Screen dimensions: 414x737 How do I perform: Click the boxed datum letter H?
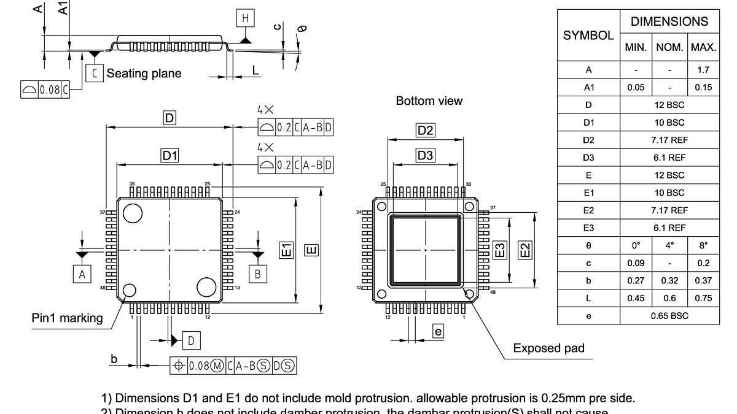coord(246,18)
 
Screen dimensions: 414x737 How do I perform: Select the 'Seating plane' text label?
coord(144,74)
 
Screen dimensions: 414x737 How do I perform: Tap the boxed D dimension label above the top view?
coord(170,118)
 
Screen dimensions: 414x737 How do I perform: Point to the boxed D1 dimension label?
coord(170,156)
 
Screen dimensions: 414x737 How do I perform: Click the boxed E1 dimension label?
coord(287,250)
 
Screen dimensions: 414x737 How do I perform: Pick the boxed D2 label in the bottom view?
coord(426,130)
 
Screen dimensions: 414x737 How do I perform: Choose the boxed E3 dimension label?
coord(500,250)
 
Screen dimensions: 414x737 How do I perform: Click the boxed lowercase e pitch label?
coord(438,332)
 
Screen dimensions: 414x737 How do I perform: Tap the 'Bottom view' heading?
coord(429,101)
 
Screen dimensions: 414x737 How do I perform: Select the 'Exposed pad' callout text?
coord(548,348)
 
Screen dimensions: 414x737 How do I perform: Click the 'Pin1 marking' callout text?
coord(68,318)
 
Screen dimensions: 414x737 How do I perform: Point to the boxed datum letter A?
coord(82,274)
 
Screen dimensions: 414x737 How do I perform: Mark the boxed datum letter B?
coord(257,274)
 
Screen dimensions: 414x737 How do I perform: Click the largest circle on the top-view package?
coord(132,213)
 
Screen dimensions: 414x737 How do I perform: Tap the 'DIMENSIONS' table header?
coord(669,21)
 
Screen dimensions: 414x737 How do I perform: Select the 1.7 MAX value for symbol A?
coord(703,70)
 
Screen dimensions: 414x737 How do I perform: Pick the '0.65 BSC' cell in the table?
coord(669,316)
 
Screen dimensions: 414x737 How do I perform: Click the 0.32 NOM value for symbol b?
coord(669,281)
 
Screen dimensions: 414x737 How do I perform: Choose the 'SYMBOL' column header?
coord(588,35)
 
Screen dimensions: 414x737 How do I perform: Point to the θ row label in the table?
coord(588,245)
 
